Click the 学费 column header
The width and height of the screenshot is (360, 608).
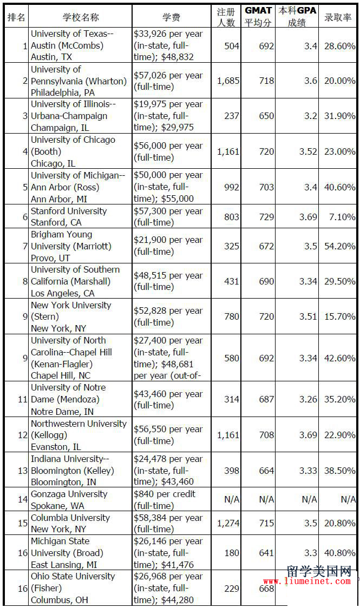click(171, 17)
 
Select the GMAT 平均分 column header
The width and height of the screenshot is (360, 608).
click(259, 17)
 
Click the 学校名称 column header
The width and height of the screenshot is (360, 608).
click(81, 17)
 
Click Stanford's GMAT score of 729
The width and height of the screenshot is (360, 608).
click(266, 217)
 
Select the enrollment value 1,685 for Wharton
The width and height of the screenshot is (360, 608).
click(228, 81)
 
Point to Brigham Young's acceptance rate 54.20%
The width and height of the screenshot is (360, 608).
click(339, 246)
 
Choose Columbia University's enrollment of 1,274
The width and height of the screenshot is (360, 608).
click(228, 523)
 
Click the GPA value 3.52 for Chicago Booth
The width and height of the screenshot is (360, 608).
click(308, 151)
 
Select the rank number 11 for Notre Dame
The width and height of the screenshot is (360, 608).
click(22, 399)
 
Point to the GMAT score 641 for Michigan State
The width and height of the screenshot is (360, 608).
click(266, 553)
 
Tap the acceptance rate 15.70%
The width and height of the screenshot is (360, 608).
click(339, 316)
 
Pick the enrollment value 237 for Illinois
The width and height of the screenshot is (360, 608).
click(231, 116)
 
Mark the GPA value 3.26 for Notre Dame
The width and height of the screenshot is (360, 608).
click(308, 399)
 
